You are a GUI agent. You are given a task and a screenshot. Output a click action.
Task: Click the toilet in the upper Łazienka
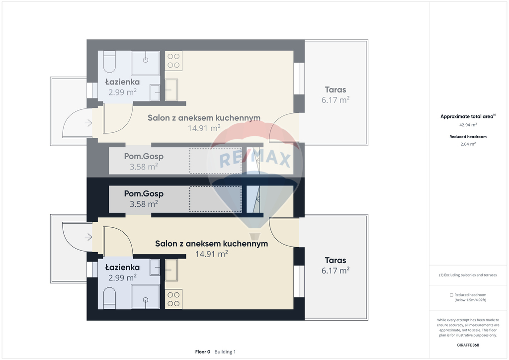coord(109,62)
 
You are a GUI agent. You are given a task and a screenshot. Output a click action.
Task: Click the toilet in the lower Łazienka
coord(109,298)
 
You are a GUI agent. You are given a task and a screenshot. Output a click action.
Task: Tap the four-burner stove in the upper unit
coord(173,61)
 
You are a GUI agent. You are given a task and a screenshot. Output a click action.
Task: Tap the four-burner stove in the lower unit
coord(173,299)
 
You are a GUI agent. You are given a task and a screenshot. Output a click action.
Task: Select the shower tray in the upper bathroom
coord(146,63)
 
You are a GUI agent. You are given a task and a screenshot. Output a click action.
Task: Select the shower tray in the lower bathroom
coord(146,297)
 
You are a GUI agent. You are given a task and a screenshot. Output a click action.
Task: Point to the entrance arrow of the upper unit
coord(88,123)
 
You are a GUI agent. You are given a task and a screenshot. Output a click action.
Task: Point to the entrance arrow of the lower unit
coord(88,237)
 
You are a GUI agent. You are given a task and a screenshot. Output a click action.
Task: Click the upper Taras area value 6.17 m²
coord(336,100)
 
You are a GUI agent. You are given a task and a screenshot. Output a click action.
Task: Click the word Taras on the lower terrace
coord(336,261)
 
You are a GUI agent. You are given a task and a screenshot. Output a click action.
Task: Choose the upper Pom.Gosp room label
coord(144,156)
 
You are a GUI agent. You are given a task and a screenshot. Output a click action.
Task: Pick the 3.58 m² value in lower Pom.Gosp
coord(144,204)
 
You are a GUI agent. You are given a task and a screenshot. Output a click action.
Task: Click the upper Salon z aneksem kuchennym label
coord(204,118)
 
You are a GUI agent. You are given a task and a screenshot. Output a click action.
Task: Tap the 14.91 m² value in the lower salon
coord(211,254)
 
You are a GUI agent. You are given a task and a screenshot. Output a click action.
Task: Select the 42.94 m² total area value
coord(468,125)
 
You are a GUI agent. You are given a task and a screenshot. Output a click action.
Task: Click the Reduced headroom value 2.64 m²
coord(468,144)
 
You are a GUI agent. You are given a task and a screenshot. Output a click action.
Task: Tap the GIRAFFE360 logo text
coord(468,345)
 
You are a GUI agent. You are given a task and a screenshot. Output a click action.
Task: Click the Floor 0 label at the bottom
coord(203,352)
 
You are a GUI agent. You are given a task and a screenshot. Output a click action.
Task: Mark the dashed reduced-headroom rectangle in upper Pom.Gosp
coord(216,161)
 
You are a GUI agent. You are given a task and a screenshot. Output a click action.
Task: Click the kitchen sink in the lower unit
coord(171,270)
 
